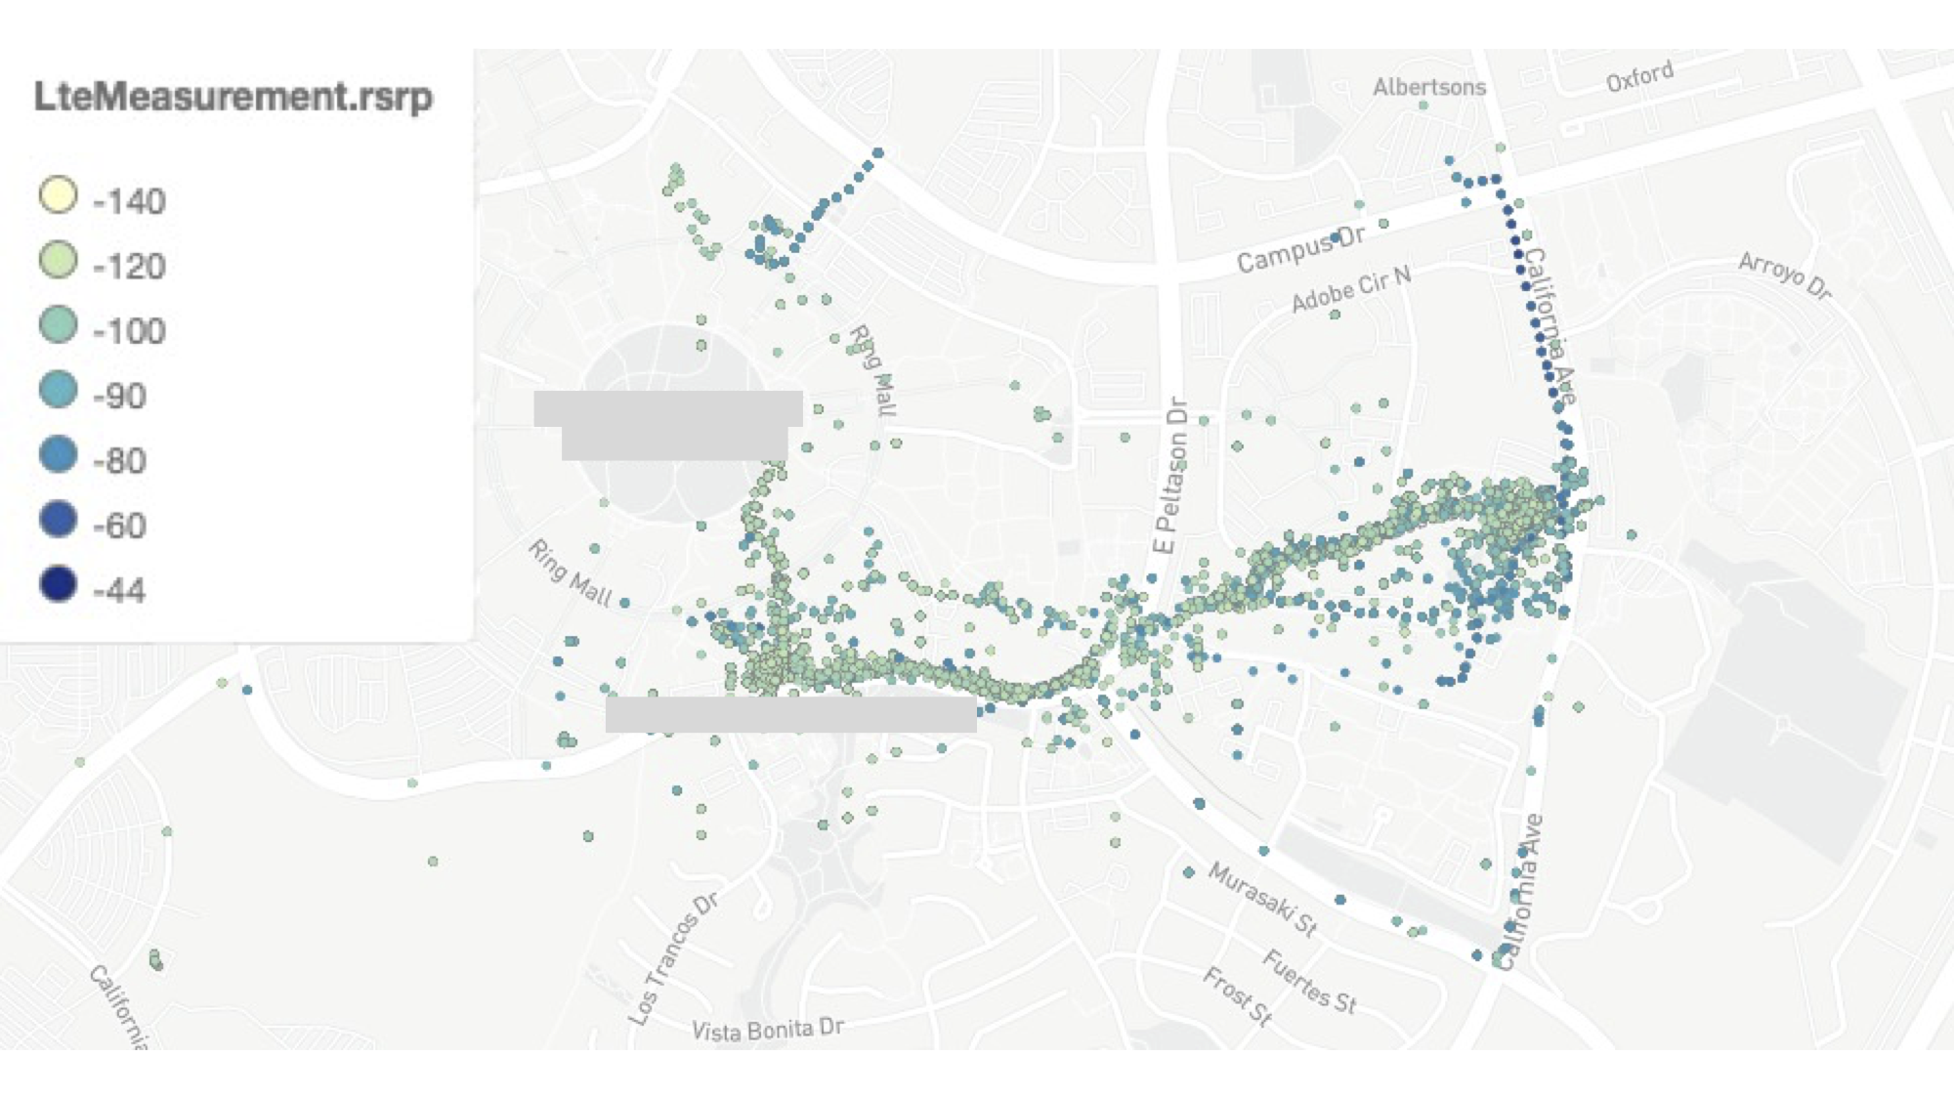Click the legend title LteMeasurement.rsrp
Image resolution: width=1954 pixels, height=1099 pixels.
click(x=233, y=97)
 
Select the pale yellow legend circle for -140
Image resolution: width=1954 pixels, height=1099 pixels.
click(x=58, y=194)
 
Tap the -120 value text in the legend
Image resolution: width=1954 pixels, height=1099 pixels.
click(x=129, y=266)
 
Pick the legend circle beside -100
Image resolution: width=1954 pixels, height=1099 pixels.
click(x=58, y=324)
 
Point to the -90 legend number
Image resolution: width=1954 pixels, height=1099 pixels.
click(x=119, y=396)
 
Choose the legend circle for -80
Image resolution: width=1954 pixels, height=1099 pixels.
click(x=58, y=454)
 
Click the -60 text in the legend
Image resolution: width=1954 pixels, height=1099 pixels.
click(x=119, y=526)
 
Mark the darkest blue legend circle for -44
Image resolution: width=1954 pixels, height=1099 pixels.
click(x=58, y=584)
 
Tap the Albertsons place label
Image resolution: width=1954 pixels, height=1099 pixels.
click(x=1428, y=87)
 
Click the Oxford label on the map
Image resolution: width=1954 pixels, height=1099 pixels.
click(x=1639, y=76)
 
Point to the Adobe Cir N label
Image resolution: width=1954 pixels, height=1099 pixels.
click(x=1351, y=289)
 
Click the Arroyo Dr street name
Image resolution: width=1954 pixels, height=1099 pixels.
click(x=1785, y=275)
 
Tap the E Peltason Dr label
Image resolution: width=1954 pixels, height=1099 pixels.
click(x=1170, y=475)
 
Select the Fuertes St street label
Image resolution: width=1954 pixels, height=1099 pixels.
click(x=1309, y=981)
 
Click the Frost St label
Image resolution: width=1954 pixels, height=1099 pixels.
click(x=1238, y=995)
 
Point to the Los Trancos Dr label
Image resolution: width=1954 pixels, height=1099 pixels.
click(x=673, y=959)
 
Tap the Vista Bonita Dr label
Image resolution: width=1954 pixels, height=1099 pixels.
click(x=767, y=1030)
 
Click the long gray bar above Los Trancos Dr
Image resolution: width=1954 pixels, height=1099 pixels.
click(x=790, y=714)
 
